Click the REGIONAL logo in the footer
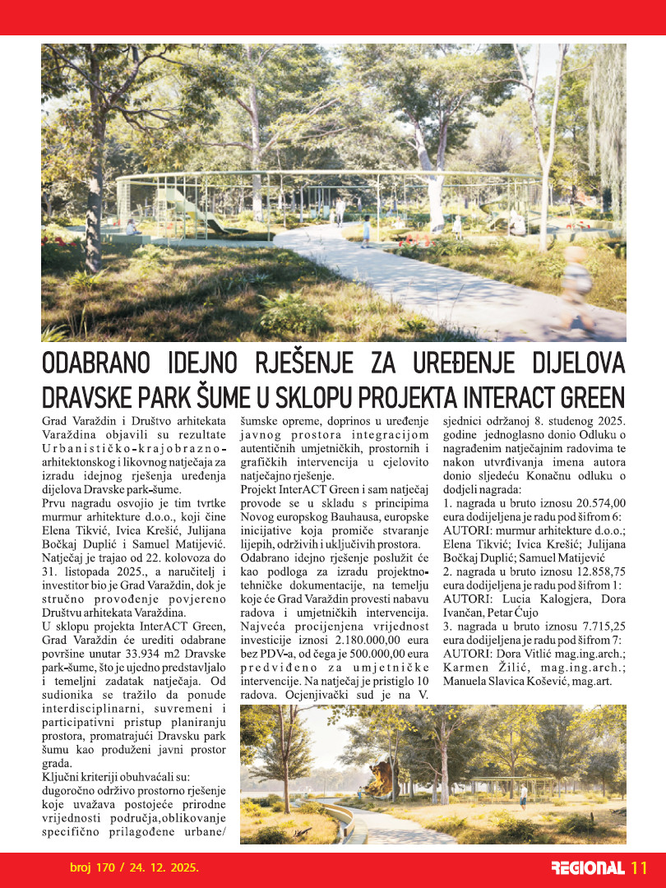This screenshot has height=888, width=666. coord(587,868)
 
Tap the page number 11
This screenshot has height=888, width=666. coord(640,868)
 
